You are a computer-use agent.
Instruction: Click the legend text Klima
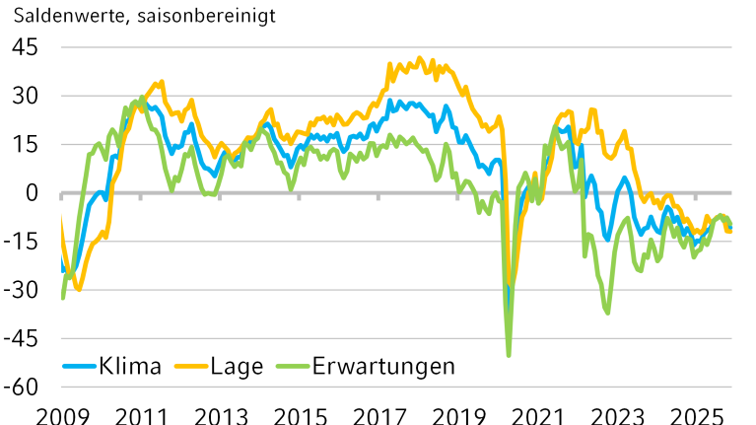pyautogui.click(x=129, y=366)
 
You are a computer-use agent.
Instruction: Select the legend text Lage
pyautogui.click(x=237, y=366)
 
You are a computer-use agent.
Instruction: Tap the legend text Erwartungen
pyautogui.click(x=383, y=366)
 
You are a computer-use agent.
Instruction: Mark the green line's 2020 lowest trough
pyautogui.click(x=509, y=354)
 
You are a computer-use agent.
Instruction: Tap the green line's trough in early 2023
pyautogui.click(x=607, y=313)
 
